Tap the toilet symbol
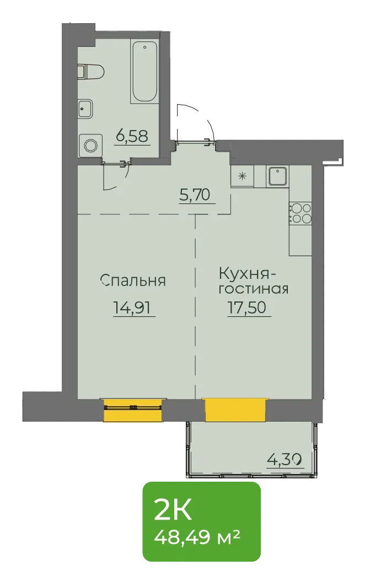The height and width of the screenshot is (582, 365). click(90, 71)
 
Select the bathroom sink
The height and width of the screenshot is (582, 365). click(85, 109)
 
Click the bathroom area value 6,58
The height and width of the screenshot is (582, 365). click(132, 137)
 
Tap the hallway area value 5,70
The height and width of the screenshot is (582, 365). click(195, 195)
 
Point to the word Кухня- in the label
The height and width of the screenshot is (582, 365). click(247, 274)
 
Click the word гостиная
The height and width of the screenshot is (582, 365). click(253, 289)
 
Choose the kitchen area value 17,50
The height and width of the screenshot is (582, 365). click(247, 308)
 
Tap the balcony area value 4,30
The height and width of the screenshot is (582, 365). click(284, 460)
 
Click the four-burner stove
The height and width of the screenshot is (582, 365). click(300, 214)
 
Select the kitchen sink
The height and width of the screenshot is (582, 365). click(277, 176)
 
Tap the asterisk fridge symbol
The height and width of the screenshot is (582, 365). click(242, 176)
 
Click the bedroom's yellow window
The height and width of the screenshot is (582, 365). click(133, 410)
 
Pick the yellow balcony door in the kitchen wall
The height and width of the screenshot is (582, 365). click(235, 410)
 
